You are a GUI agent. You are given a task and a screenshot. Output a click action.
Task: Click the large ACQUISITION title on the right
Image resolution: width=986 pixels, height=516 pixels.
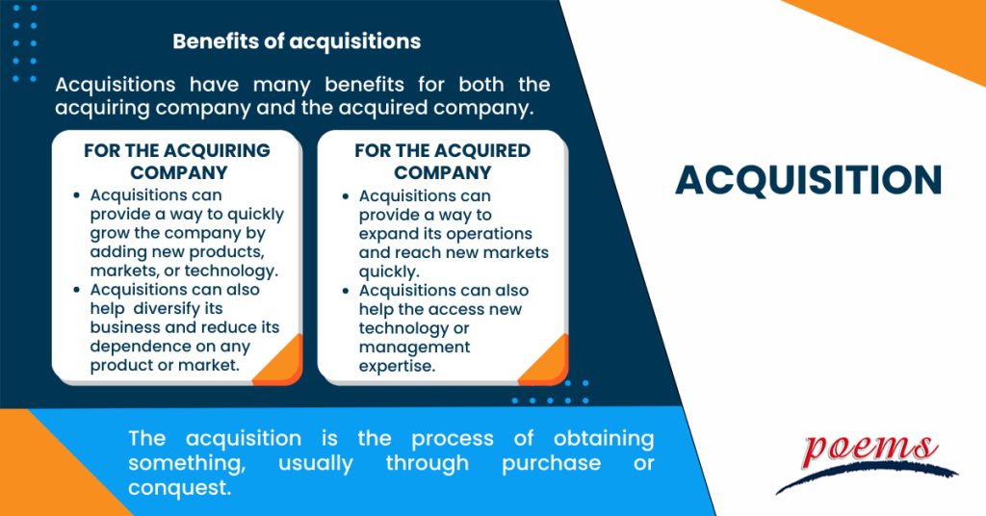808,180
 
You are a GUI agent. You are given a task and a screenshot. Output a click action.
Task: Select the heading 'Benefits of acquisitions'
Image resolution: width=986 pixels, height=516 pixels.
296,41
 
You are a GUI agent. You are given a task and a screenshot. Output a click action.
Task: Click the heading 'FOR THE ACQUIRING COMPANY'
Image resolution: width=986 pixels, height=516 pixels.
177,162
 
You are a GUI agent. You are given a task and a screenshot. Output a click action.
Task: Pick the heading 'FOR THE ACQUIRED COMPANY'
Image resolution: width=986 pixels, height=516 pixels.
442,162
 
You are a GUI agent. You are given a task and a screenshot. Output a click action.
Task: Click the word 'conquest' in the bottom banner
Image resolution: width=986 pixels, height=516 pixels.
180,488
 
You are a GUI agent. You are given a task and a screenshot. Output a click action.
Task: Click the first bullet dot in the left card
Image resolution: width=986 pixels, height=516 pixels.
77,195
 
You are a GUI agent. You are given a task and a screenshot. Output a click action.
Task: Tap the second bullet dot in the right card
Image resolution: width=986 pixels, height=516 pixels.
346,291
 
